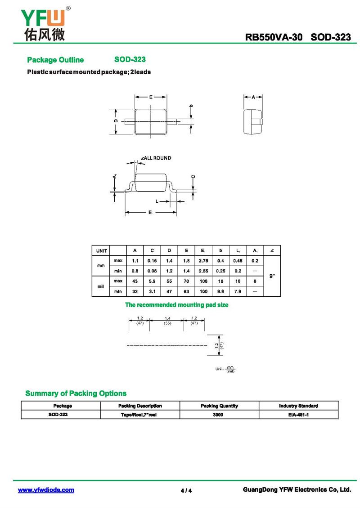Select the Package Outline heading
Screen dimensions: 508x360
point(55,60)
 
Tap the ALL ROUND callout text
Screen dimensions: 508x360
point(156,158)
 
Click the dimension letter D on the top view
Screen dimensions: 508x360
point(116,121)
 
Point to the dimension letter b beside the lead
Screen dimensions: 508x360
point(191,106)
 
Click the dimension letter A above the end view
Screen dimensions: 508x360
point(253,97)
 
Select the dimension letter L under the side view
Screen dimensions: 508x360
point(157,201)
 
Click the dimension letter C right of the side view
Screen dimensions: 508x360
point(193,177)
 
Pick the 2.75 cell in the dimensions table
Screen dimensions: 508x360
point(203,261)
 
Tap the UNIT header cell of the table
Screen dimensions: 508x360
point(101,250)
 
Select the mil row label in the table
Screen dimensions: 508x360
point(101,286)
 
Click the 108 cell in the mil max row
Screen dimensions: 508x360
point(203,281)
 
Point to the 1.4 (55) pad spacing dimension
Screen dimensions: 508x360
point(167,320)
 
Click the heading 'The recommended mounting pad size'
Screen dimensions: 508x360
point(176,305)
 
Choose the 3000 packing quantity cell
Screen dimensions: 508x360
point(219,414)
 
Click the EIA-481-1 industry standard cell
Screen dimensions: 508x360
point(298,414)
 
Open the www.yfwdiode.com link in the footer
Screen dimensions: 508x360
point(46,490)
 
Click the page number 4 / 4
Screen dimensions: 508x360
point(186,490)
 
